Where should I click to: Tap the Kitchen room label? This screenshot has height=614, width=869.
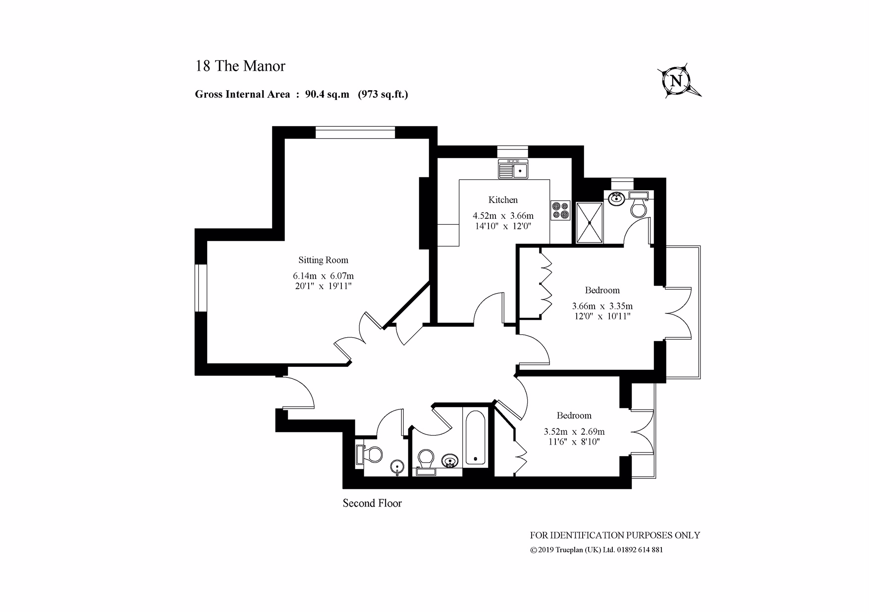tap(503, 200)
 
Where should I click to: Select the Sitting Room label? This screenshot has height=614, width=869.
tap(323, 260)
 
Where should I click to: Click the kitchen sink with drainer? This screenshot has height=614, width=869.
tap(514, 169)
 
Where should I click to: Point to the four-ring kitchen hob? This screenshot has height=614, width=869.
tap(560, 210)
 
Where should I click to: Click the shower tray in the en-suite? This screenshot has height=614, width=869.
tap(590, 223)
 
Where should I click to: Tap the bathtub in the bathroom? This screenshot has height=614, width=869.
tap(476, 437)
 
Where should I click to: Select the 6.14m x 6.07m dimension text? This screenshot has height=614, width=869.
tap(323, 276)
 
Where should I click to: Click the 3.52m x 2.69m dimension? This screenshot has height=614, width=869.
tap(574, 432)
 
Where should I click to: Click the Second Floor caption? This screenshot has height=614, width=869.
tap(372, 504)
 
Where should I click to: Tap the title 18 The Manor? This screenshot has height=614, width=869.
tap(240, 66)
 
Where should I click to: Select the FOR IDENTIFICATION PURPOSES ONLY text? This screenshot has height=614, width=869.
tap(615, 535)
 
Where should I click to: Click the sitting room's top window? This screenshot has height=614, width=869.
tap(355, 133)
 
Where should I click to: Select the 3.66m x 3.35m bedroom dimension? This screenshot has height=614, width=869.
tap(602, 307)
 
